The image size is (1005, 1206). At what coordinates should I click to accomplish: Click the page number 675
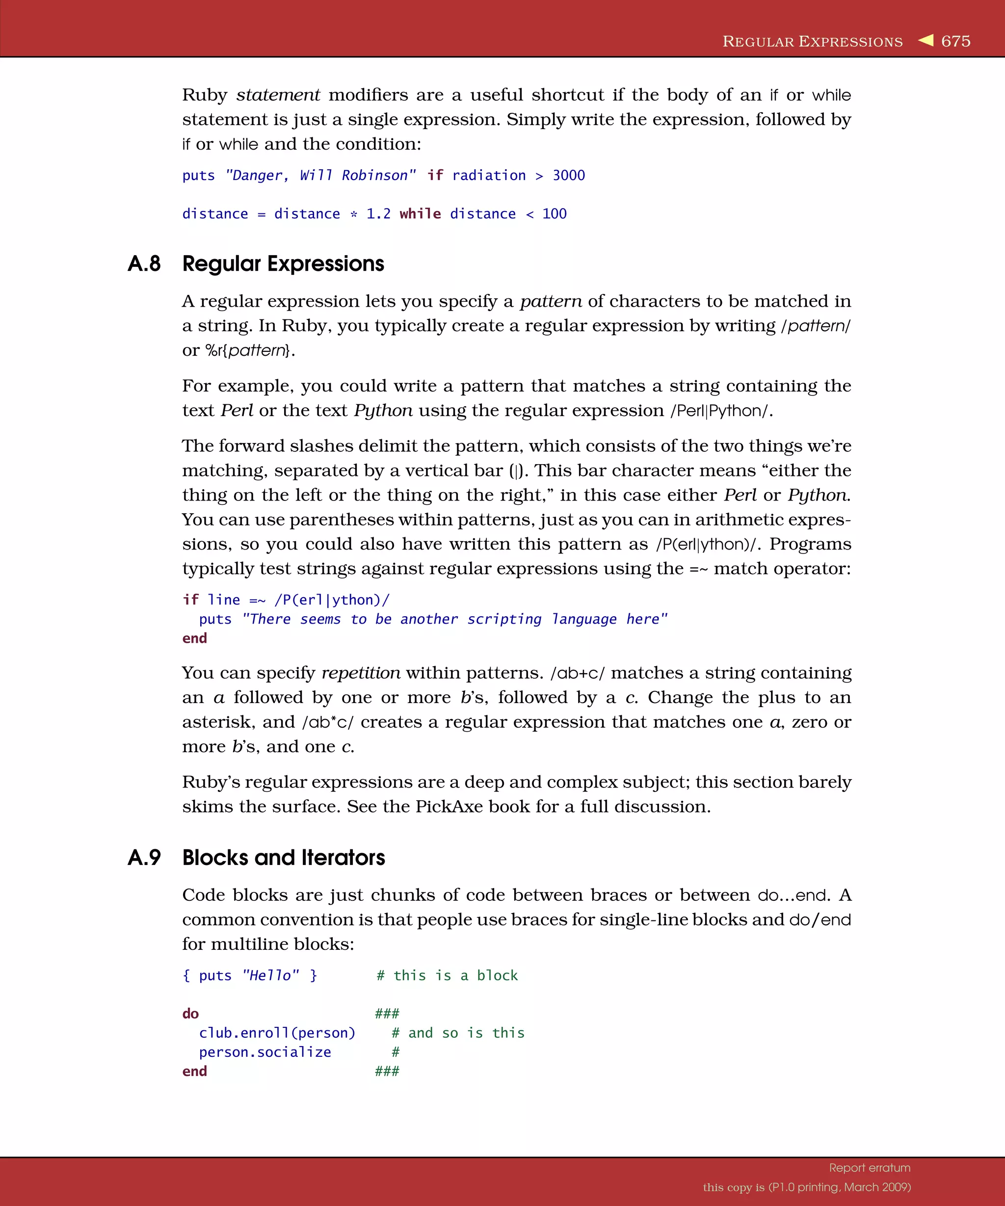pyautogui.click(x=955, y=41)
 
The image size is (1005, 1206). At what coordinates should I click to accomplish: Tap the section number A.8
pyautogui.click(x=144, y=263)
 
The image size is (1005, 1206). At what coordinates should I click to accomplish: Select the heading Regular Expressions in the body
pyautogui.click(x=283, y=263)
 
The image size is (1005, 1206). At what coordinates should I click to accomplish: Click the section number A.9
pyautogui.click(x=144, y=858)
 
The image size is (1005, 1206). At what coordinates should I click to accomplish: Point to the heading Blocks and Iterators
pyautogui.click(x=284, y=858)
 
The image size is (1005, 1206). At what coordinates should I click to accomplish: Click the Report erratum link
pyautogui.click(x=870, y=1168)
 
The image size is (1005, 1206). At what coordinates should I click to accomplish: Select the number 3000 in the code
pyautogui.click(x=569, y=175)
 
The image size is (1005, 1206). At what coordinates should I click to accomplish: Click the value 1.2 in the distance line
pyautogui.click(x=378, y=213)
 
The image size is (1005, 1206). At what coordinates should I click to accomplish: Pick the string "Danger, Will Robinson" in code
pyautogui.click(x=320, y=175)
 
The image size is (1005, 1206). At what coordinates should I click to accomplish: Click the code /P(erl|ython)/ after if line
pyautogui.click(x=332, y=600)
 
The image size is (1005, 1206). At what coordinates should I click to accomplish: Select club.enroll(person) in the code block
pyautogui.click(x=277, y=1033)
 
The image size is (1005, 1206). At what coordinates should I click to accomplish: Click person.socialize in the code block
pyautogui.click(x=265, y=1052)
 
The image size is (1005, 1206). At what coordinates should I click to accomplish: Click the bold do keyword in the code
pyautogui.click(x=191, y=1014)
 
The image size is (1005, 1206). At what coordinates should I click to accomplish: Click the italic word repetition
pyautogui.click(x=361, y=673)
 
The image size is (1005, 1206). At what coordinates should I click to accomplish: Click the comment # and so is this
pyautogui.click(x=458, y=1033)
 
